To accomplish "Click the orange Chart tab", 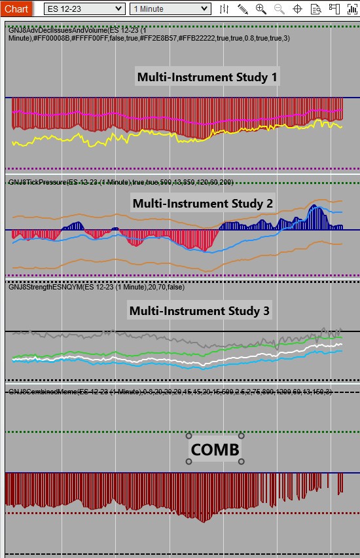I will pyautogui.click(x=16, y=9).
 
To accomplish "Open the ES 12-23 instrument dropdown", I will pyautogui.click(x=84, y=9).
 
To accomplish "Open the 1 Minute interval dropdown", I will pyautogui.click(x=170, y=9).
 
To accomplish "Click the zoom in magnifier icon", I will pyautogui.click(x=261, y=9).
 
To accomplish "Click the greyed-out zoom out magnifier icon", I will pyautogui.click(x=279, y=9).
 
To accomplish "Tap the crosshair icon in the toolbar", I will pyautogui.click(x=297, y=9).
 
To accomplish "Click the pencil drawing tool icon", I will pyautogui.click(x=242, y=9).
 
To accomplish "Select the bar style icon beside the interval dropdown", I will pyautogui.click(x=224, y=9).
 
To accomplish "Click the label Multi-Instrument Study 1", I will pyautogui.click(x=207, y=77).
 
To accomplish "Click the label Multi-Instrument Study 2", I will pyautogui.click(x=202, y=203).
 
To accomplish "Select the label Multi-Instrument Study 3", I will pyautogui.click(x=199, y=310).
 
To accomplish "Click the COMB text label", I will pyautogui.click(x=215, y=449).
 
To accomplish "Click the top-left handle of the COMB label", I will pyautogui.click(x=189, y=436).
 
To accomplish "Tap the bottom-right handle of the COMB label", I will pyautogui.click(x=241, y=462).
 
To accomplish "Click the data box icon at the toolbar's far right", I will pyautogui.click(x=352, y=9).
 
